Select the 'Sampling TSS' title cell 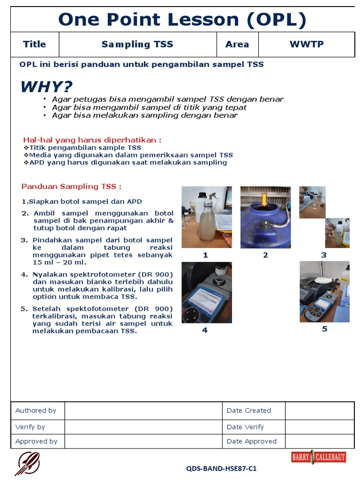[137, 45]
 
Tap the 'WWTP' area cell [306, 45]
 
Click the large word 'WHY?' [46, 87]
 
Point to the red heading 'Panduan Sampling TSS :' [71, 187]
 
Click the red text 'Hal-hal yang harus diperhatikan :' [92, 140]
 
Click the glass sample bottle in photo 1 [207, 217]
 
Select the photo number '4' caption [204, 330]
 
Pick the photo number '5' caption [324, 329]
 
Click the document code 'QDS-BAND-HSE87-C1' [221, 468]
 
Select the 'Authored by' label [36, 411]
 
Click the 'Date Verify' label [245, 427]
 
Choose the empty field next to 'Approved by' [143, 441]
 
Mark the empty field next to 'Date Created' [319, 411]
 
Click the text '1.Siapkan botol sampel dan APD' [82, 202]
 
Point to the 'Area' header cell [237, 45]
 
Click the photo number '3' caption [323, 255]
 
